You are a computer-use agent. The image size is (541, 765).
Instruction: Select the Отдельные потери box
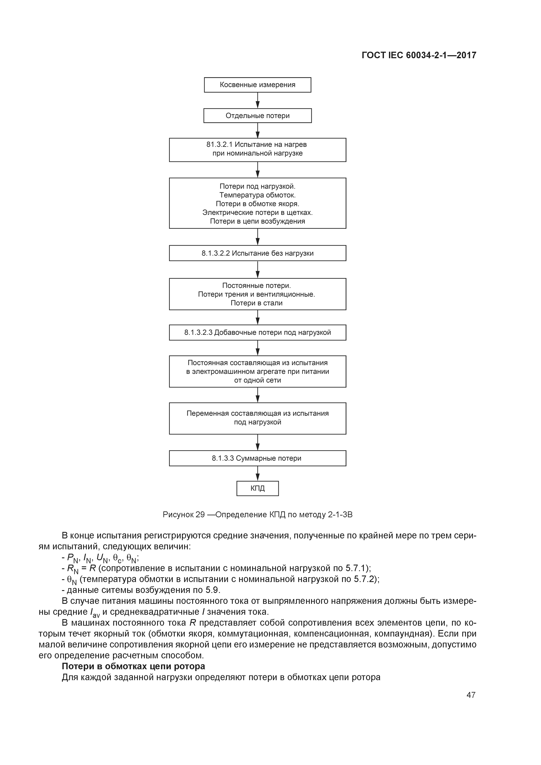point(257,116)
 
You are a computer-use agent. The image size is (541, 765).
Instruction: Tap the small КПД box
point(257,488)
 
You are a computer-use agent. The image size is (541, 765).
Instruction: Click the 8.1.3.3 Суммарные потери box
point(257,458)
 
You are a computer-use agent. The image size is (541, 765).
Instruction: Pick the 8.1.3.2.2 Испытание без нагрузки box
point(257,253)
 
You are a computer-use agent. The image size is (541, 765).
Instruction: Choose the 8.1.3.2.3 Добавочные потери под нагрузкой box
point(257,333)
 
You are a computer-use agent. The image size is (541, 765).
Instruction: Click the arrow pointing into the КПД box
point(258,473)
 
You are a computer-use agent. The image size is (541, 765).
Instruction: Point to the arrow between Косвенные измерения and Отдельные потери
point(258,100)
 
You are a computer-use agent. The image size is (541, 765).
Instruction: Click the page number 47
point(471,695)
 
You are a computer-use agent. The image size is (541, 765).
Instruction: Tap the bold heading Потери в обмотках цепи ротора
point(133,666)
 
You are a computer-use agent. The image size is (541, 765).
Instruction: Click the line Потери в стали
point(257,303)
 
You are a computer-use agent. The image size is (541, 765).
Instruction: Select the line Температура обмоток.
point(257,195)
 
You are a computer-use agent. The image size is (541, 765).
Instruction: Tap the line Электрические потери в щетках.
point(257,212)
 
